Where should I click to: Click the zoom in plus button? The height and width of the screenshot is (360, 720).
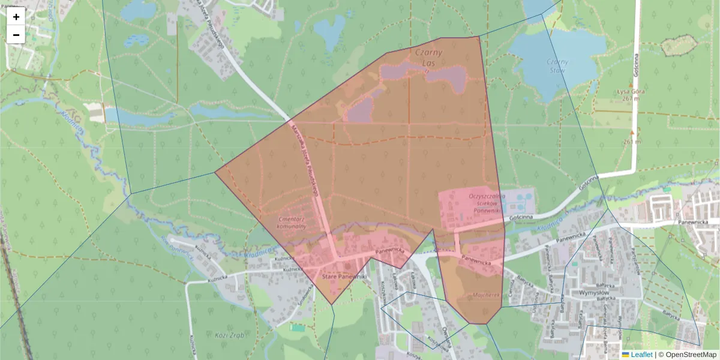(x=16, y=16)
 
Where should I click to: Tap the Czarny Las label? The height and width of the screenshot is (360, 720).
(x=428, y=58)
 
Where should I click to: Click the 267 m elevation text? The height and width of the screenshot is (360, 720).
(x=631, y=98)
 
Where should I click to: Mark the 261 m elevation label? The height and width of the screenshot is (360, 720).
(x=631, y=142)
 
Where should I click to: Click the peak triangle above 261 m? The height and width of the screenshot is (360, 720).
(x=632, y=132)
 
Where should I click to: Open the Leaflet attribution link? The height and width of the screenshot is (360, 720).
(x=641, y=355)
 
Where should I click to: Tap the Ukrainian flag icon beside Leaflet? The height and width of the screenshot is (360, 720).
(x=626, y=355)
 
